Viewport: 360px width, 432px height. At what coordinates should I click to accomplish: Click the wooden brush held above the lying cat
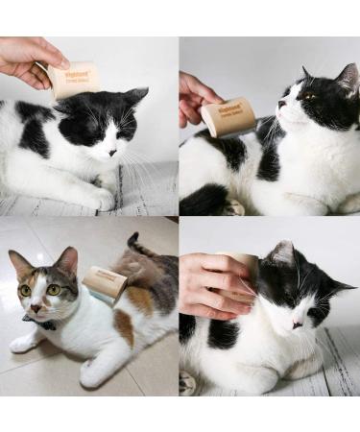73,80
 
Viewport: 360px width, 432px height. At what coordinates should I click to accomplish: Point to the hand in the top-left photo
27,58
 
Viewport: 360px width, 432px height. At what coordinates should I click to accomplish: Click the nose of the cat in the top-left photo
112,152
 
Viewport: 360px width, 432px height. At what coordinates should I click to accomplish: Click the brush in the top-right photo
228,115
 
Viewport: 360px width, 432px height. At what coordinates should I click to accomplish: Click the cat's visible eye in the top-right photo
305,96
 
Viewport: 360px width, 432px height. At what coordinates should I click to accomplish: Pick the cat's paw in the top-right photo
233,206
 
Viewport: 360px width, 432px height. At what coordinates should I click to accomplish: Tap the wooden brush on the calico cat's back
105,284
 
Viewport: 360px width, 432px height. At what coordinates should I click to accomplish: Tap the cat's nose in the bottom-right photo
299,324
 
